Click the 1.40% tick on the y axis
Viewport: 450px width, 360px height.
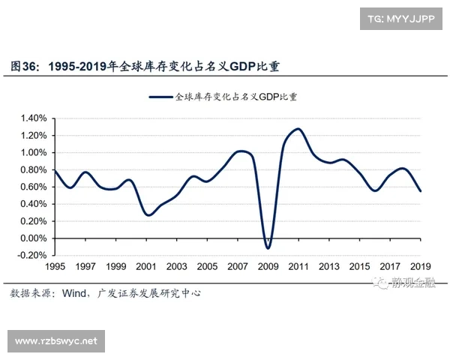tap(34, 118)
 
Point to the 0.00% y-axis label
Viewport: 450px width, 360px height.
tap(34, 238)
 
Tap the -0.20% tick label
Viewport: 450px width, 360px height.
tap(33, 256)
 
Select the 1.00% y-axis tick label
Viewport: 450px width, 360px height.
tap(34, 153)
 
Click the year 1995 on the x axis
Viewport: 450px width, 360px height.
tap(55, 267)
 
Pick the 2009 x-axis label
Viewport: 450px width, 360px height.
tap(268, 267)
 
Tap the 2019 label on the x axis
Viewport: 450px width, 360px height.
tap(420, 267)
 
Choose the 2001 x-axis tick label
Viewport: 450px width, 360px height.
tap(146, 267)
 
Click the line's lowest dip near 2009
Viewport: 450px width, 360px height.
tap(268, 247)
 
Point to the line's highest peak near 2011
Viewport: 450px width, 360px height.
tap(298, 129)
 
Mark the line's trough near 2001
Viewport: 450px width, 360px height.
tap(148, 215)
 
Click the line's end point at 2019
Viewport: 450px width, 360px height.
tap(421, 191)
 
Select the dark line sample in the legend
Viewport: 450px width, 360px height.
tap(160, 97)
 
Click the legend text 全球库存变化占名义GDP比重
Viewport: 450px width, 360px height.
tap(235, 97)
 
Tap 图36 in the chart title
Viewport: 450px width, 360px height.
tap(25, 66)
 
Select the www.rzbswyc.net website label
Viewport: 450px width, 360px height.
tap(57, 341)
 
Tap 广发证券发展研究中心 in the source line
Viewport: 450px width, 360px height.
tap(150, 292)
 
